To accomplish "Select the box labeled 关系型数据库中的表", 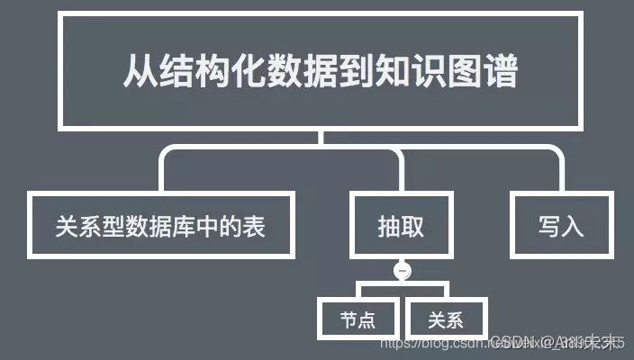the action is point(160,225).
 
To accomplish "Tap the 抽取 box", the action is point(401,225).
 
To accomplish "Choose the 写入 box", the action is point(561,225).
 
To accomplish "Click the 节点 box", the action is point(358,319).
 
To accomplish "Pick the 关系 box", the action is point(447,319).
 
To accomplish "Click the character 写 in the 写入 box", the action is point(549,225).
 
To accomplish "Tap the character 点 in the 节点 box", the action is point(367,319).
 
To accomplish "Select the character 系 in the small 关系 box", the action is point(456,319).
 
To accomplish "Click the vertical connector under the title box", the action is point(320,137).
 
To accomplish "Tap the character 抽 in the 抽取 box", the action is point(389,225).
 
